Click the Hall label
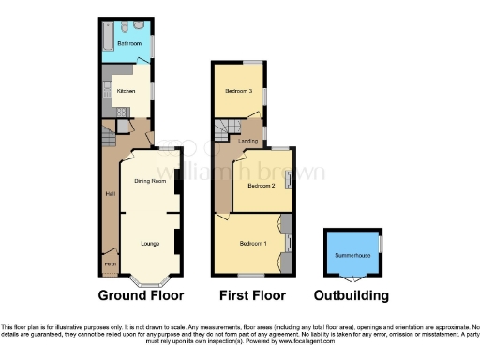(110, 194)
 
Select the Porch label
(111, 264)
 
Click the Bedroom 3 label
(237, 91)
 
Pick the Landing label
(248, 141)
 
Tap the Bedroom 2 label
(260, 186)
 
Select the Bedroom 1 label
(253, 244)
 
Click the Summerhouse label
(352, 254)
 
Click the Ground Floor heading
(142, 296)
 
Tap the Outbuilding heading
(352, 296)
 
